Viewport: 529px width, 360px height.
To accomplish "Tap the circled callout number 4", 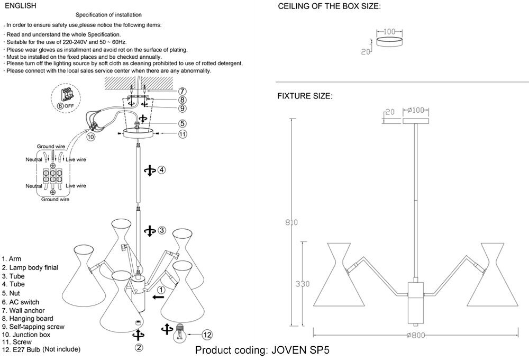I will tap(162, 170).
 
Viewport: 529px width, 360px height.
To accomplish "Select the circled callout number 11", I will tap(183, 134).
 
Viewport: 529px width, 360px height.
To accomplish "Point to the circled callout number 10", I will tap(90, 136).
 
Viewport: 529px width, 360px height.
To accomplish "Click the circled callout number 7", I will tap(182, 91).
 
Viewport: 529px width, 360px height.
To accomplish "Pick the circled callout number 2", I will tap(139, 348).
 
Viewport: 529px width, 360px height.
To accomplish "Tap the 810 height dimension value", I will tap(288, 222).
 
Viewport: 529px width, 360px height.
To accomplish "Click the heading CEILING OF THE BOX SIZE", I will tap(329, 6).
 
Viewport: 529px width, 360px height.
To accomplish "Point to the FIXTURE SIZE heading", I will tap(305, 96).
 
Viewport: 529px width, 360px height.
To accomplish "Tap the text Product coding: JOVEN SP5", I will tap(265, 350).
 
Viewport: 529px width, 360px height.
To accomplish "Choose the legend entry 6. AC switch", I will tap(21, 301).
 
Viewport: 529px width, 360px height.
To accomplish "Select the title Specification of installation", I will tap(108, 15).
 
